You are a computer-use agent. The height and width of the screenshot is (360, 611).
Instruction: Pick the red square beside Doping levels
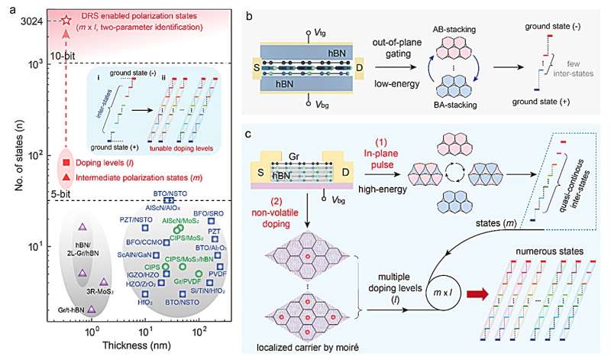coord(66,163)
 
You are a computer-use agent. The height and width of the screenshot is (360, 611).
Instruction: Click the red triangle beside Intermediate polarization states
coord(66,177)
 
